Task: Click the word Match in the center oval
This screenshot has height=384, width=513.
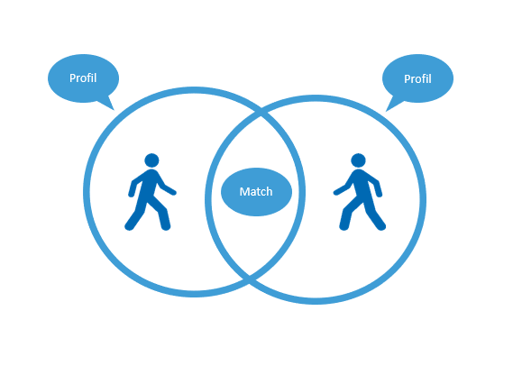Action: (x=256, y=192)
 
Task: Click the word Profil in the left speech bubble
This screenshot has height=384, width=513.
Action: (x=83, y=78)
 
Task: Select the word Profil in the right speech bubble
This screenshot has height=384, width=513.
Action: (x=417, y=78)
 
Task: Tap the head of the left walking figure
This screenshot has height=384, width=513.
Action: (x=151, y=160)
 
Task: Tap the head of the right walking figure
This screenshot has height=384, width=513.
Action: (x=358, y=160)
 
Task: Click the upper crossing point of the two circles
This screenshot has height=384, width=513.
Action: (x=261, y=112)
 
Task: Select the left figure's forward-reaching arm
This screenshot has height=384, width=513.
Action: (x=167, y=187)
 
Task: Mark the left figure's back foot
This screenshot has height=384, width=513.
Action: (x=129, y=226)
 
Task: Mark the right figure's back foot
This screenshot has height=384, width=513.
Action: (x=380, y=226)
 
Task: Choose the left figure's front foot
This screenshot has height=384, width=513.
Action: (x=166, y=225)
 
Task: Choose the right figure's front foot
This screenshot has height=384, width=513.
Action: (x=344, y=225)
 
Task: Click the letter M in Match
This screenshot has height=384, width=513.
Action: (x=243, y=192)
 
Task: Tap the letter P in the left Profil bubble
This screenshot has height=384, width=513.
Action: (x=72, y=78)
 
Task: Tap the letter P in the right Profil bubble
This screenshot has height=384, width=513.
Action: (x=407, y=78)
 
